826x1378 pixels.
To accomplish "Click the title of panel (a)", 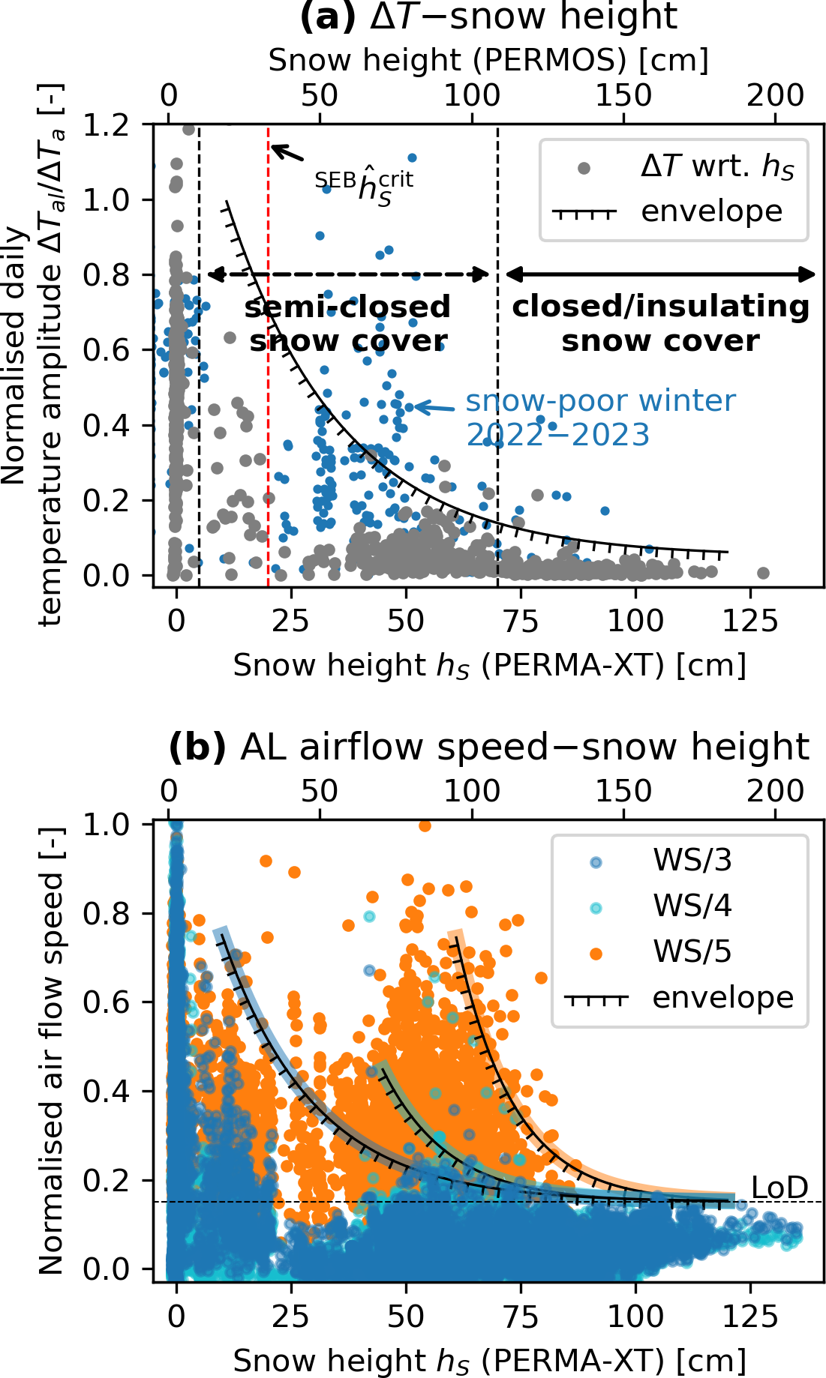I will pos(488,16).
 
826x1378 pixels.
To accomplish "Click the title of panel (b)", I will pos(488,747).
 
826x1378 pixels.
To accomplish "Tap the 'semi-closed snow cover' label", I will pos(348,324).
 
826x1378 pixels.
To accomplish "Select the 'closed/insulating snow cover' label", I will pos(660,324).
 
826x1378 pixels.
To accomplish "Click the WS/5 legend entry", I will pos(692,952).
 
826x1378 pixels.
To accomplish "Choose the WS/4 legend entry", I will pos(692,906).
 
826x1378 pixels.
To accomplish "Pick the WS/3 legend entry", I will pos(692,861).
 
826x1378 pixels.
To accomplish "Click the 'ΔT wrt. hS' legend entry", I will pos(716,166).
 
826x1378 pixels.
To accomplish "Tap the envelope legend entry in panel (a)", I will pos(711,212).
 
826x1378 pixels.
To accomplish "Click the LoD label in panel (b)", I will pos(780,1188).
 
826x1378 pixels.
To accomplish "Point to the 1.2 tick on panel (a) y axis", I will pos(106,126).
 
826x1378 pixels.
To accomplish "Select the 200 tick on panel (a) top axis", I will pos(775,96).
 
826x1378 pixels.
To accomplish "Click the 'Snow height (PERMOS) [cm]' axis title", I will pos(488,61).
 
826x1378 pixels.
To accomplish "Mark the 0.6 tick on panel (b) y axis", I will pos(106,1002).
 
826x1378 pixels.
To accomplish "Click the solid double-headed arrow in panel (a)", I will pos(661,274).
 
